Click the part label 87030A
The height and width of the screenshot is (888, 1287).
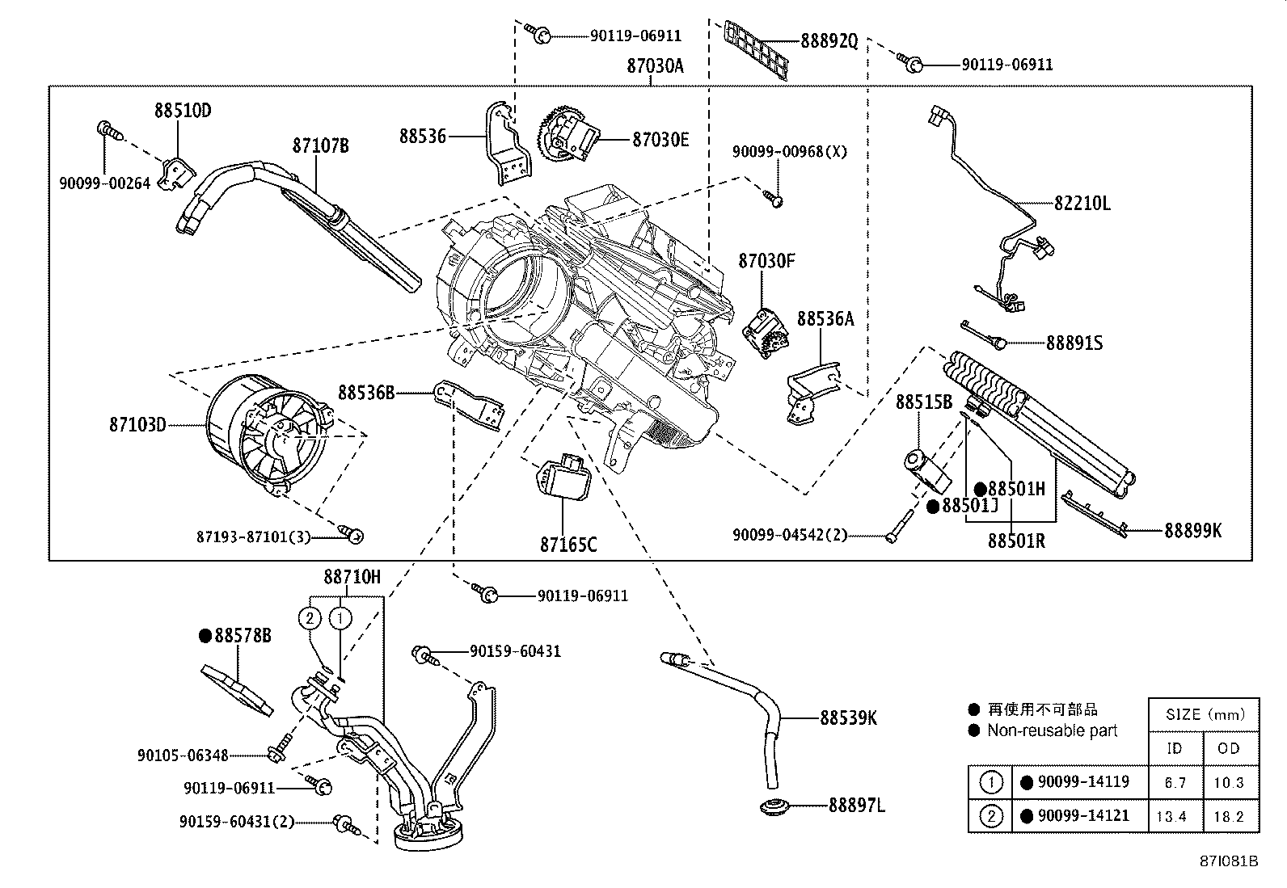click(655, 66)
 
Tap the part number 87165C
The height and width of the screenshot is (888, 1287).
click(568, 545)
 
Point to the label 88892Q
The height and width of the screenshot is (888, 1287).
click(829, 40)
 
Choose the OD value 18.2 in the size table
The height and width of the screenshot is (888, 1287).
click(1229, 816)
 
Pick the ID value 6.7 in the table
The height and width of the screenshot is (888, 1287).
click(1175, 783)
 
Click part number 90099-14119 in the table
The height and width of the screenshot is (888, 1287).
click(1083, 781)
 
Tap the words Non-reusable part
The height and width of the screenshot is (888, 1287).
click(1052, 730)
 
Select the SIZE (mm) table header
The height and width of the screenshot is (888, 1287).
click(1205, 714)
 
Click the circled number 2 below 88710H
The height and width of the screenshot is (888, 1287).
click(310, 618)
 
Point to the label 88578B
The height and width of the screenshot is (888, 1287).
click(243, 635)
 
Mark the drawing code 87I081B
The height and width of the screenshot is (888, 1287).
click(1229, 861)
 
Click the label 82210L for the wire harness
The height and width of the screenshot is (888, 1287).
click(1082, 204)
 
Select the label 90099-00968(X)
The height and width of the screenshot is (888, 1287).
click(790, 152)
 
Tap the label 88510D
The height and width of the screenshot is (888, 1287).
click(183, 110)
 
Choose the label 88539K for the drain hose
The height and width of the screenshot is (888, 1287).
click(848, 718)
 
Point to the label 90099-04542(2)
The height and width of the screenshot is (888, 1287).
click(790, 536)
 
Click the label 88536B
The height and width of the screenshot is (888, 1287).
click(366, 393)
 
